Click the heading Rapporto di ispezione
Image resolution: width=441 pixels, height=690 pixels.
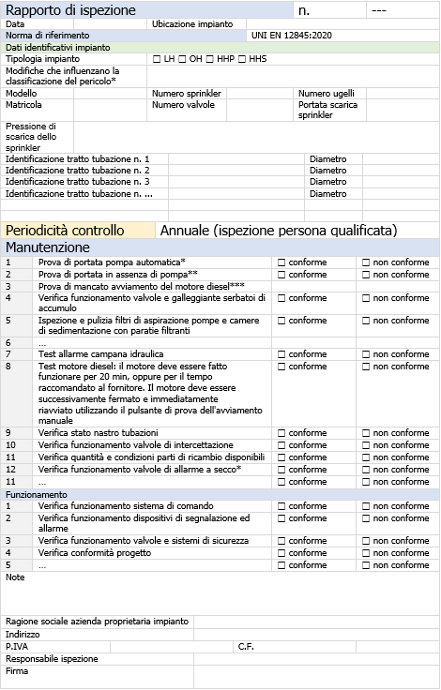(x=71, y=10)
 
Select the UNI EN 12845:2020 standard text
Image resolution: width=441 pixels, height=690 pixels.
(x=291, y=35)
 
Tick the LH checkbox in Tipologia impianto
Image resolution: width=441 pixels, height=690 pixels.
(x=156, y=59)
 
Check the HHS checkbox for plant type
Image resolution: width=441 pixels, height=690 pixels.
(x=242, y=59)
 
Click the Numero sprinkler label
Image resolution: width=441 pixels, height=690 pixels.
(x=184, y=94)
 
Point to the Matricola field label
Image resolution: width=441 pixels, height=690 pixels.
(x=23, y=105)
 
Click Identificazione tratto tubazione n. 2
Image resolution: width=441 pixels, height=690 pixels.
(x=78, y=171)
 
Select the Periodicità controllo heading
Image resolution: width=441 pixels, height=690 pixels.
(x=65, y=230)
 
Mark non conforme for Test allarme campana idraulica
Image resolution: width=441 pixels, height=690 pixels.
(x=367, y=354)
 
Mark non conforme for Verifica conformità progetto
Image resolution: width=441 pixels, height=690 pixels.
(x=367, y=553)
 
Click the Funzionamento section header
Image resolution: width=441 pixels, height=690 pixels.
(x=37, y=494)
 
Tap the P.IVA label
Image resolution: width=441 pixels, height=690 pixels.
(x=17, y=646)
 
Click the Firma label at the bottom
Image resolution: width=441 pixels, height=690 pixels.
(x=17, y=670)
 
